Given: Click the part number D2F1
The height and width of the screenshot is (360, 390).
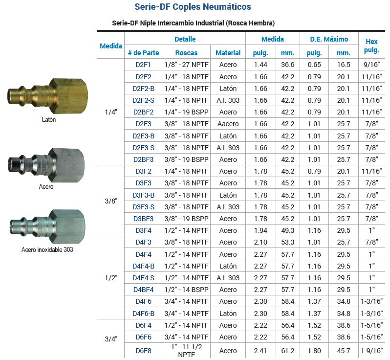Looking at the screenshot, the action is click(x=143, y=65).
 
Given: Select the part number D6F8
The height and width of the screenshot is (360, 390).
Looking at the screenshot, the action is click(x=143, y=351).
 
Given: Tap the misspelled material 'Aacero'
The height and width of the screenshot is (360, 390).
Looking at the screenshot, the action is click(x=228, y=124).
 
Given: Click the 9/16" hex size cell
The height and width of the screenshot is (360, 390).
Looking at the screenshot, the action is click(x=371, y=65).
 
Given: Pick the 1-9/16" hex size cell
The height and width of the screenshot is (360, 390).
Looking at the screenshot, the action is click(x=371, y=351).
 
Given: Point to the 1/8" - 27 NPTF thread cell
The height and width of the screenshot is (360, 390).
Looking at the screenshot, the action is click(x=186, y=65).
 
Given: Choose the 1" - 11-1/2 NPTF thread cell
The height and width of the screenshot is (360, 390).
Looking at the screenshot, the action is click(x=186, y=351).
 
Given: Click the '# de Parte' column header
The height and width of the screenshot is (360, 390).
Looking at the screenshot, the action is click(x=143, y=53).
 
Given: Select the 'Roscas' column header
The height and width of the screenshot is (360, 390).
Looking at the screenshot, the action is click(x=186, y=53).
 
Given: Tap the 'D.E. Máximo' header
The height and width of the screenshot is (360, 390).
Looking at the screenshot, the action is click(x=329, y=39).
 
